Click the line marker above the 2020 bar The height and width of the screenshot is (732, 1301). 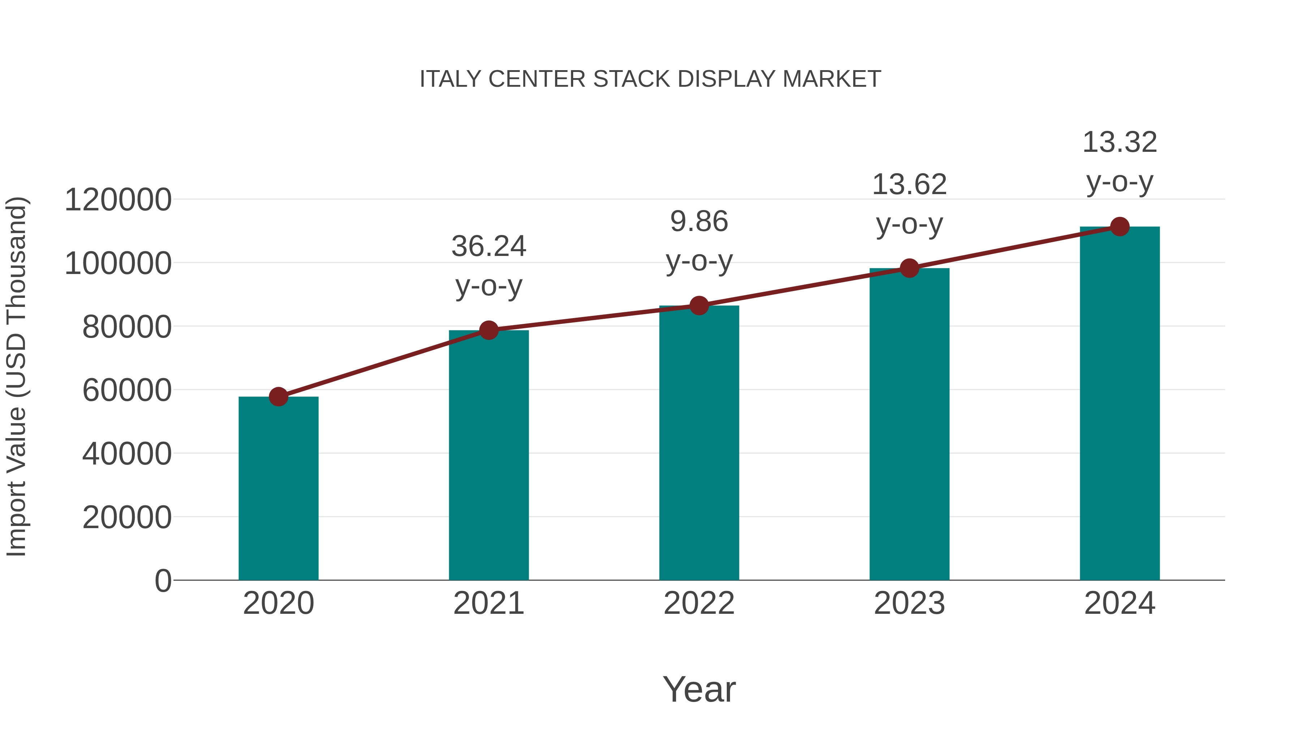(278, 397)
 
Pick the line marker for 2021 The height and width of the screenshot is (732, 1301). (488, 330)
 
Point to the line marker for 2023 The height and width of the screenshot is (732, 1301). (909, 268)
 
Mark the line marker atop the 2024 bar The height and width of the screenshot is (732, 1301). (1120, 227)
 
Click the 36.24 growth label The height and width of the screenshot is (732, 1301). (488, 247)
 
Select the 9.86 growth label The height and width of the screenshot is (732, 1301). (699, 222)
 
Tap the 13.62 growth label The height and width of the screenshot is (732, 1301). (909, 184)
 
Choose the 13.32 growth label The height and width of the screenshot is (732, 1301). (1120, 142)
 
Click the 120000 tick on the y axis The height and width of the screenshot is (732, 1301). (118, 200)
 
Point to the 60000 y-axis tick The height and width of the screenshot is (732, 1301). (127, 390)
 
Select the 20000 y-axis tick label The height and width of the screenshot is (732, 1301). (127, 517)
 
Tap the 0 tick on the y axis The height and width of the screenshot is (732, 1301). (163, 581)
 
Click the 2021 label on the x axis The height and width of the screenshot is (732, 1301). (488, 603)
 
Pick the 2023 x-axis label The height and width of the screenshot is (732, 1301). (909, 603)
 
